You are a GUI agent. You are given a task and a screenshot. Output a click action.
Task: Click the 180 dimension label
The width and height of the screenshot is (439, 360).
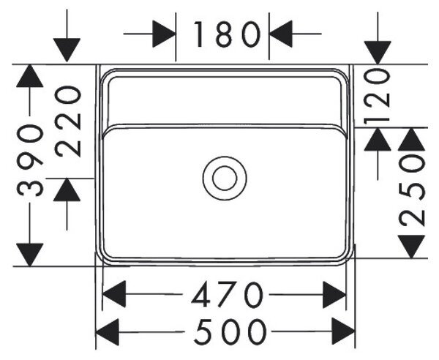tap(227, 34)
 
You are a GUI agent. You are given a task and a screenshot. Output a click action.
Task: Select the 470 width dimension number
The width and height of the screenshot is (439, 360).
tap(227, 294)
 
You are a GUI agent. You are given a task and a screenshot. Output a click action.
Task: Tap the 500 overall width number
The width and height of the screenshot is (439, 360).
tap(230, 332)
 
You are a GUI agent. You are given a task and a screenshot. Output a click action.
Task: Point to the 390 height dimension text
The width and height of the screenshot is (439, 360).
tap(30, 160)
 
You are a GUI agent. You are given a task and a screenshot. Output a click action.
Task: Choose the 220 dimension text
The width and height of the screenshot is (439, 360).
tap(68, 121)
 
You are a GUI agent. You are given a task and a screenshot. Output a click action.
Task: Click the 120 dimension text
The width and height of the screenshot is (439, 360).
tap(377, 97)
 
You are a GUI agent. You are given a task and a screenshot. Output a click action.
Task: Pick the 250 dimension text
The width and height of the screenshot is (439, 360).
tap(411, 191)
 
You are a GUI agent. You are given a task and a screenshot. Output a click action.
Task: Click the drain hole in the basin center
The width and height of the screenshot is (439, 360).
tap(225, 179)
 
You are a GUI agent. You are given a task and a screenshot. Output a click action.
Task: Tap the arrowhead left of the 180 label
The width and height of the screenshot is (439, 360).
tap(164, 34)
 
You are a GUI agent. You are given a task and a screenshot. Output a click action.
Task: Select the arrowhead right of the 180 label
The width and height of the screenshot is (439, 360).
tap(281, 34)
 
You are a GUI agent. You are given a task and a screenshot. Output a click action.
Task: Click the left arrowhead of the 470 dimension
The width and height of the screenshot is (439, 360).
tap(114, 294)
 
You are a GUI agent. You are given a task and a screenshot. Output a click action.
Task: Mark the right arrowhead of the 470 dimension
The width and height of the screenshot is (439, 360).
tap(334, 294)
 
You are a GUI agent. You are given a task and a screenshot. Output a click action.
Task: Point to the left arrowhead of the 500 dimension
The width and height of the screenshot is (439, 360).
tap(108, 332)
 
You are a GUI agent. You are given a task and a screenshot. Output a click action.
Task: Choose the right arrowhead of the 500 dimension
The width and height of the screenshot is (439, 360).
tap(344, 332)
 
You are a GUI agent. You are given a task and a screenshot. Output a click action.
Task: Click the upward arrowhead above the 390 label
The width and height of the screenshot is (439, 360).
tap(30, 76)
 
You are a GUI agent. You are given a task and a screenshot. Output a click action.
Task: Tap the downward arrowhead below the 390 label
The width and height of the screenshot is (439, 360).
tap(30, 255)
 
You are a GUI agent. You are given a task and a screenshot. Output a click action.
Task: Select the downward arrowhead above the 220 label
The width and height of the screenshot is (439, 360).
tap(67, 50)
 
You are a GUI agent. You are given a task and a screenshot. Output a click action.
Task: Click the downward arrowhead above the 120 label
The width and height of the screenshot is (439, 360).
tap(378, 53)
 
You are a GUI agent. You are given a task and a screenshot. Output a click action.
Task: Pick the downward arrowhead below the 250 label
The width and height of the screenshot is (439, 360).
tap(411, 247)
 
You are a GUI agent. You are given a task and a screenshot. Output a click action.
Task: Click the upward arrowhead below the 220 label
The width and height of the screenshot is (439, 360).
tap(67, 190)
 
